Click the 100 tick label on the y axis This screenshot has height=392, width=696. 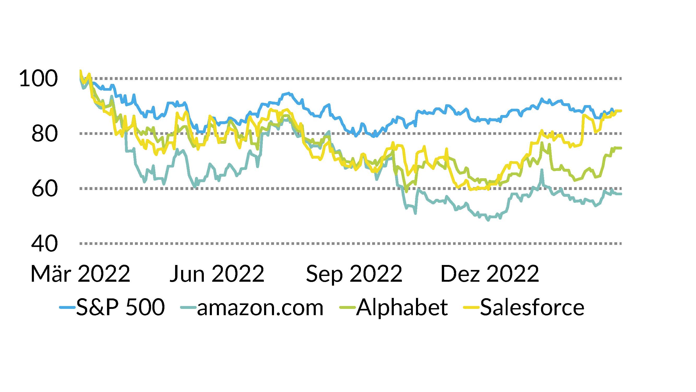[x=38, y=78]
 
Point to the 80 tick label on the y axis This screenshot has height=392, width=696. [x=45, y=134]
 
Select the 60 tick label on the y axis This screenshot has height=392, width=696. [x=45, y=189]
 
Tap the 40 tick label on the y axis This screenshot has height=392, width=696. [x=45, y=244]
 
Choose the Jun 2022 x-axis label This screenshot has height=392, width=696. [x=217, y=274]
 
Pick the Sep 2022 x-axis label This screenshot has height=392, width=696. [x=354, y=274]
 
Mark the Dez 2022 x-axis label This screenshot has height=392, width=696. [x=490, y=274]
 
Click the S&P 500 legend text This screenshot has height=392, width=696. [x=121, y=307]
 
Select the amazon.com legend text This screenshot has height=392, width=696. [x=260, y=308]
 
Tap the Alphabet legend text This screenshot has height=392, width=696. [x=402, y=307]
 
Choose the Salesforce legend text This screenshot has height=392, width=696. [x=532, y=307]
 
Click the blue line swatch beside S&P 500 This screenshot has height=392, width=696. [x=67, y=307]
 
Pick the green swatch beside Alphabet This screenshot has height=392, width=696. [x=347, y=307]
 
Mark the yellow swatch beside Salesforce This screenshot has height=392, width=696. [x=471, y=307]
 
